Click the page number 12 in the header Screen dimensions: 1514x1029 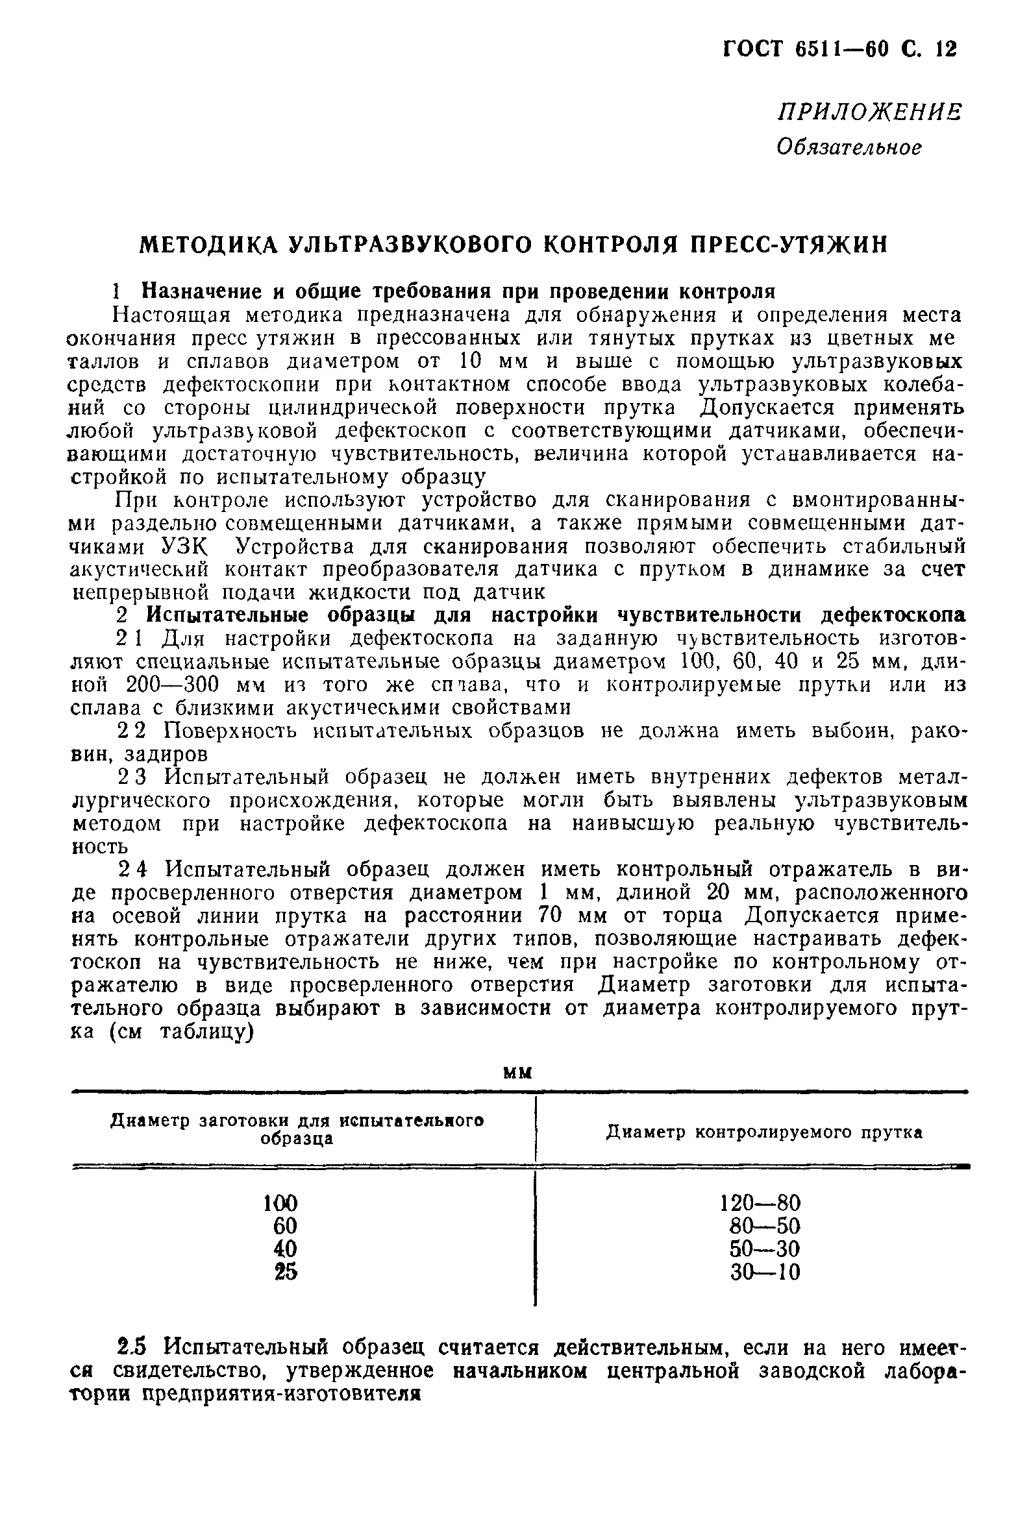(x=946, y=49)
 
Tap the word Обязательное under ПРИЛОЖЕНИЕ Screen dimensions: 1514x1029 (x=849, y=147)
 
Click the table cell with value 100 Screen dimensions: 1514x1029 (x=280, y=1203)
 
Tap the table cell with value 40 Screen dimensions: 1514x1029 (x=285, y=1249)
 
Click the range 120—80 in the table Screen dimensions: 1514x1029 (x=760, y=1203)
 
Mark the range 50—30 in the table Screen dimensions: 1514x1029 (x=764, y=1249)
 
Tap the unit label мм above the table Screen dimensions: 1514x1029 (x=518, y=1073)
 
